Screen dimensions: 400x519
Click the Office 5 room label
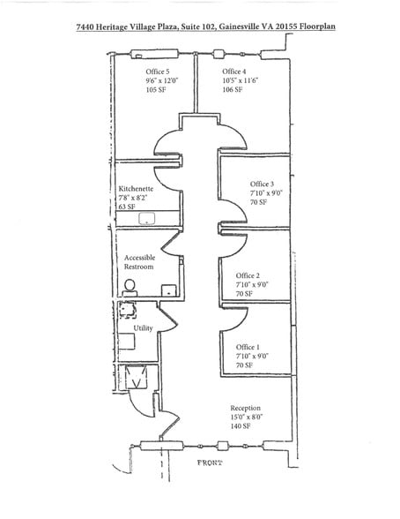coord(158,71)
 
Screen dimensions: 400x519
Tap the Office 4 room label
coord(233,71)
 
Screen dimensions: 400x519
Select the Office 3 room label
coord(262,184)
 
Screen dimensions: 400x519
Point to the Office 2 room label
coord(248,275)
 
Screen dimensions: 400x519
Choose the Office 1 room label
coord(248,347)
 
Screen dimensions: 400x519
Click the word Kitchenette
coord(136,189)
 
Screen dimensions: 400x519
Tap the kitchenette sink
coord(147,219)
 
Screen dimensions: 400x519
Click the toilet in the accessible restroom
coord(130,288)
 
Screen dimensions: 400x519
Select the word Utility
coord(143,328)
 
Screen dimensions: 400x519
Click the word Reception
coord(246,408)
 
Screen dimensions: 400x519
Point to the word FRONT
coord(210,463)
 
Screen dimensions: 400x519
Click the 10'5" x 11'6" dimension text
coord(241,80)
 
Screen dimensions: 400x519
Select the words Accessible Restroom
coord(139,262)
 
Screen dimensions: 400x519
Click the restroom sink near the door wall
coord(169,290)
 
